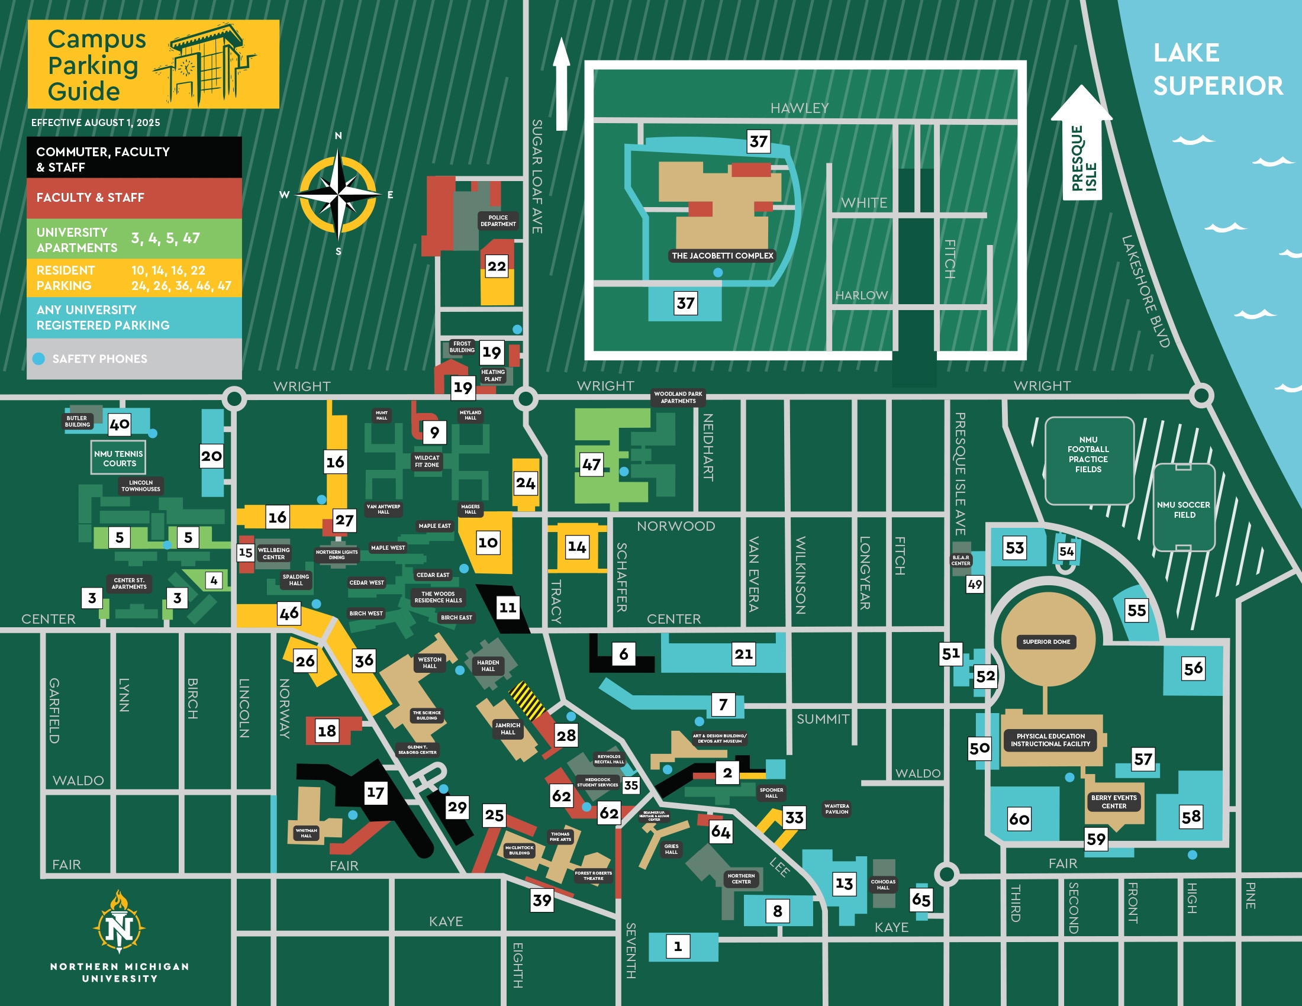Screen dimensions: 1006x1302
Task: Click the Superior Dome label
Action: [x=1046, y=642]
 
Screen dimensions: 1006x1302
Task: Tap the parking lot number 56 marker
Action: [x=1193, y=669]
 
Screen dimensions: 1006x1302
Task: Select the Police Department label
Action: [x=498, y=221]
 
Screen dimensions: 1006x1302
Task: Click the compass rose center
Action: [x=338, y=194]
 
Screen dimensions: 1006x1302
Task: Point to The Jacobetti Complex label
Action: [x=722, y=256]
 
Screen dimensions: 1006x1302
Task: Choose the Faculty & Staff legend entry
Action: [x=134, y=198]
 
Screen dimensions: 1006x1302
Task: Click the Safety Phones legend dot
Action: [x=38, y=359]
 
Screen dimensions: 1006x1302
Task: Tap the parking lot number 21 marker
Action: [x=743, y=654]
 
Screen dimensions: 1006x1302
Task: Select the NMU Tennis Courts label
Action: [x=118, y=458]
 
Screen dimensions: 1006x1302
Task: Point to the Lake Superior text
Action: [x=1217, y=69]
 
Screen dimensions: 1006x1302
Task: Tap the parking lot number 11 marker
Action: [x=507, y=608]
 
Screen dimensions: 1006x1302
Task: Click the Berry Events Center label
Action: [x=1114, y=802]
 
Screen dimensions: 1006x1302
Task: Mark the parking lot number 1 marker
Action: [x=677, y=946]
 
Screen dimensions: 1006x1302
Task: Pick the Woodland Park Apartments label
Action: [x=678, y=398]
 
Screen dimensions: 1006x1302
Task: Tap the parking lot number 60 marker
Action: [x=1019, y=819]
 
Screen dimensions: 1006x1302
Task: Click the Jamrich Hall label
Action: [x=507, y=728]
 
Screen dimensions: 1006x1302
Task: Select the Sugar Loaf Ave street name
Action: [x=537, y=176]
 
